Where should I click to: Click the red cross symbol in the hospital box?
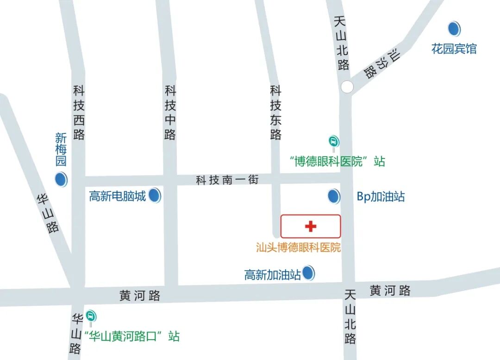(x=311, y=226)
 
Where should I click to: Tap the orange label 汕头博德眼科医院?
(x=299, y=247)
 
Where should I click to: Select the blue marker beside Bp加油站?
(x=333, y=196)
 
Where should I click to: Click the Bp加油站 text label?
(x=381, y=197)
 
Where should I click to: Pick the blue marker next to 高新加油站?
(x=308, y=273)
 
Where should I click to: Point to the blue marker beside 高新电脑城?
(x=155, y=196)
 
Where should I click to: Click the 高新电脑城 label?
(x=118, y=196)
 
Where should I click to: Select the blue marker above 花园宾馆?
(x=454, y=29)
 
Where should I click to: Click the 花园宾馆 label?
(x=454, y=49)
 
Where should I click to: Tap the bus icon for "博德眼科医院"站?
(x=333, y=141)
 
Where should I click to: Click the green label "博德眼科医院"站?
(x=337, y=161)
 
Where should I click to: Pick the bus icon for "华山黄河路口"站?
(x=91, y=316)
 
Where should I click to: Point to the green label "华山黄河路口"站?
(x=131, y=336)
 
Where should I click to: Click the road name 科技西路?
(x=79, y=113)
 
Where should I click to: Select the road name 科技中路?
(x=170, y=113)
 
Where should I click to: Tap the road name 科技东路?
(x=276, y=113)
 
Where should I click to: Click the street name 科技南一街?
(x=227, y=180)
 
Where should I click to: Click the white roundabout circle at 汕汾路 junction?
(x=347, y=87)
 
